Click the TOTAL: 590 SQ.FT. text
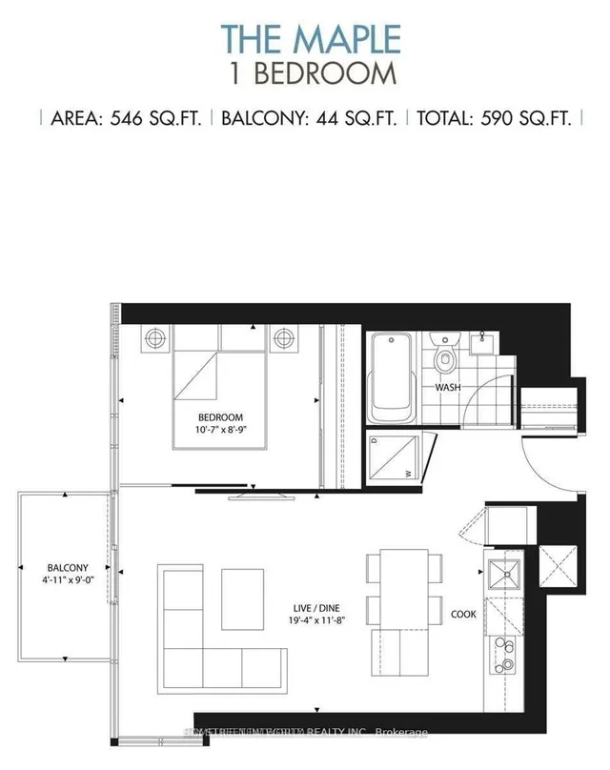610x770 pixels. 495,120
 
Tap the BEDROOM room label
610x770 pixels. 221,417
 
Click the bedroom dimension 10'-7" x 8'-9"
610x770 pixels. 221,432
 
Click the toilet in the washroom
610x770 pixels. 444,358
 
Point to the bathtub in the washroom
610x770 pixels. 393,376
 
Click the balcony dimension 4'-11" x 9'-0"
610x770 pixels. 65,578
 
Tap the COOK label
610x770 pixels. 464,615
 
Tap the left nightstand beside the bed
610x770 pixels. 156,337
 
